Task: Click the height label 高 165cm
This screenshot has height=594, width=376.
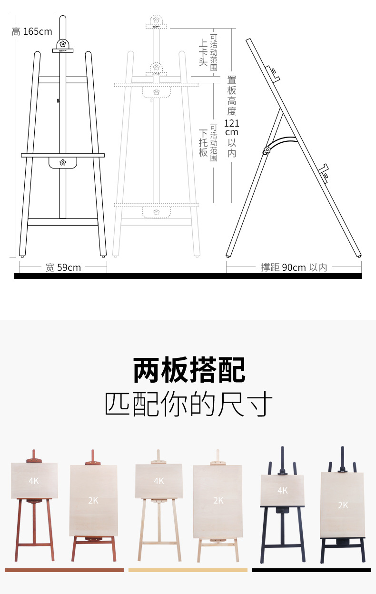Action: point(32,31)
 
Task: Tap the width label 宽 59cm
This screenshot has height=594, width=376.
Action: point(63,267)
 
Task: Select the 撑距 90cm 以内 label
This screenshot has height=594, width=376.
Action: point(294,267)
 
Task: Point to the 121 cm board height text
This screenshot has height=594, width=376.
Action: point(231,128)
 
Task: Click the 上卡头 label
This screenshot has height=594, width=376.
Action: point(203,52)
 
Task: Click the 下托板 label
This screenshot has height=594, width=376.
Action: point(203,143)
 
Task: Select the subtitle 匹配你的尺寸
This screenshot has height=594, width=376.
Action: point(189,405)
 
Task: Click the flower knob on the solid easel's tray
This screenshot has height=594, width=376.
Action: point(62,162)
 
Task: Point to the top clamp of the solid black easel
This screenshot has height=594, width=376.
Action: point(63,46)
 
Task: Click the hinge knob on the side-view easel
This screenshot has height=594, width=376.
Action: point(266,151)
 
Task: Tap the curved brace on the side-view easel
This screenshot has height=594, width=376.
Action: point(283,142)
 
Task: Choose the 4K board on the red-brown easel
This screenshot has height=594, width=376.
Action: point(34,481)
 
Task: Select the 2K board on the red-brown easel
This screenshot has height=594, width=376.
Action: point(93,500)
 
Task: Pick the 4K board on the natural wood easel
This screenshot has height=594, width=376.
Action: point(158,481)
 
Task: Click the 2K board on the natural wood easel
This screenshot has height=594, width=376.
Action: point(218,501)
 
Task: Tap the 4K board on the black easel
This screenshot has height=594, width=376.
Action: point(282,490)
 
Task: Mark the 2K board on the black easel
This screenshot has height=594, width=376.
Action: point(342,505)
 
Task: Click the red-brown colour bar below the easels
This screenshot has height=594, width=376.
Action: point(64,570)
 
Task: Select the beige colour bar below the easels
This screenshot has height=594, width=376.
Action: point(188,570)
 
